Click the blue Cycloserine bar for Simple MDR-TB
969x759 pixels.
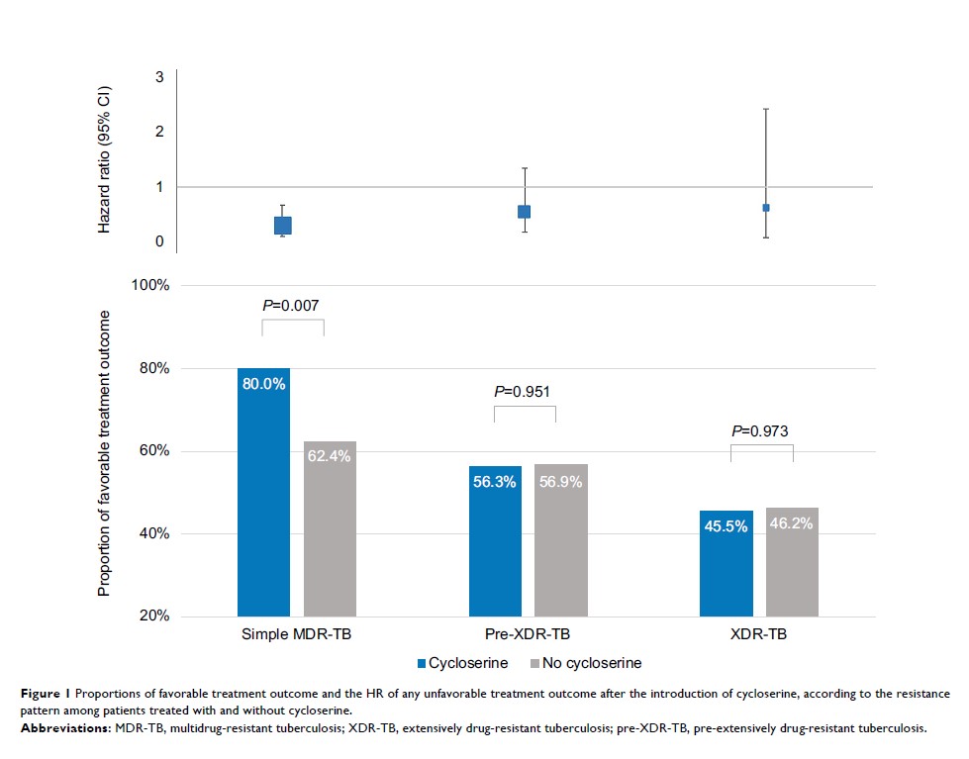point(263,492)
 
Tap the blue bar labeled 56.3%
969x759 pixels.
point(495,541)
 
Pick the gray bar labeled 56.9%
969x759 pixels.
point(561,540)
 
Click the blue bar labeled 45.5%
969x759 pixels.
point(726,563)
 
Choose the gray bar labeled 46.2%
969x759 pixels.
point(792,562)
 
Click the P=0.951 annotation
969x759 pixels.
point(524,391)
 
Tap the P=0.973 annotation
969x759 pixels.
point(761,430)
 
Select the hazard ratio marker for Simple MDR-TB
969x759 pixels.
point(283,225)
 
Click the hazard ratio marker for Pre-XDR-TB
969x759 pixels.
point(524,212)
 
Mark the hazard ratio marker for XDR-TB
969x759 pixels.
point(766,208)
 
